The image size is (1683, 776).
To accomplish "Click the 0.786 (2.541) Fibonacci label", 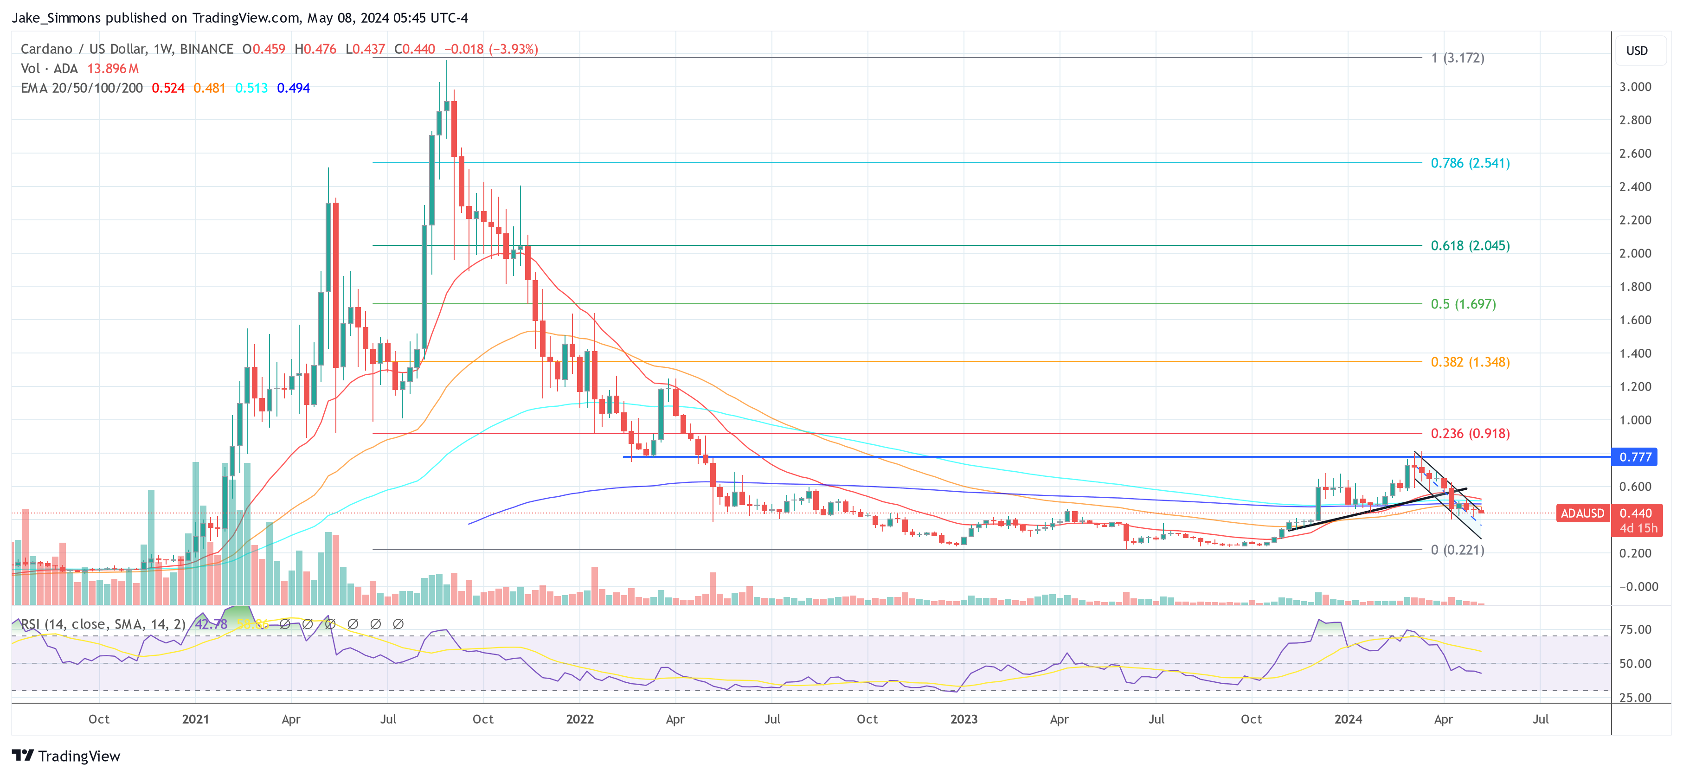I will (1470, 163).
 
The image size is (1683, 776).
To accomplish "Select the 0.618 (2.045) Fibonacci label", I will (1470, 246).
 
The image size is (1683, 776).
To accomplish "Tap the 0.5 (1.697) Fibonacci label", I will (1463, 304).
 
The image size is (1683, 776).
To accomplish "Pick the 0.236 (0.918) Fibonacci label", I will (1470, 434).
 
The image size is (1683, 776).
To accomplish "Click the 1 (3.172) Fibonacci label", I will (1458, 58).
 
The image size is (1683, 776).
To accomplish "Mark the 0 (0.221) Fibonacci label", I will (1458, 550).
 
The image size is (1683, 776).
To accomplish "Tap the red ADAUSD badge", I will (1582, 513).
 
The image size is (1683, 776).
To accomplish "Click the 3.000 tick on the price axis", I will (1635, 87).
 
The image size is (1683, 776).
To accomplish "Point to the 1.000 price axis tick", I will (1635, 420).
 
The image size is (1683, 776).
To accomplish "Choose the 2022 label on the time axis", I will (579, 719).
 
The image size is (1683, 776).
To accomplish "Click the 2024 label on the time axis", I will (1348, 719).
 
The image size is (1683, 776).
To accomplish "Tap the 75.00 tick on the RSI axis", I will (1635, 630).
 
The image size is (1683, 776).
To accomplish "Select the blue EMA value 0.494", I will (293, 88).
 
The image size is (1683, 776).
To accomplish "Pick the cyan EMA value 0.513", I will (251, 88).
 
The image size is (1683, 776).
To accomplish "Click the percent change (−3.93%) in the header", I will (514, 49).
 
